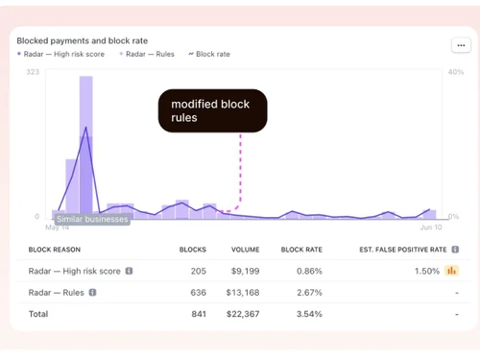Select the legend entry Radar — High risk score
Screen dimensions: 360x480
[61, 55]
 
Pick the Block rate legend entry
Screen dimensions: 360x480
[209, 55]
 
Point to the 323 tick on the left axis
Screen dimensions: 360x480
[33, 72]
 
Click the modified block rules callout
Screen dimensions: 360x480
[212, 111]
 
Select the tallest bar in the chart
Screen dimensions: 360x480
[85, 144]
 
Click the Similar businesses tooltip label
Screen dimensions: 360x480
[91, 219]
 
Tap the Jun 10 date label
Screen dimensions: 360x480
[431, 228]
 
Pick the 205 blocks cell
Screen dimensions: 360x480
[198, 271]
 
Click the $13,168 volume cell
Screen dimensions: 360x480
[245, 292]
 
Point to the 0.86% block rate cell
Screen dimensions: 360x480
[307, 271]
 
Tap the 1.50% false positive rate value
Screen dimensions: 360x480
[427, 271]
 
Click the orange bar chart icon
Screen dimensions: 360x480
[452, 271]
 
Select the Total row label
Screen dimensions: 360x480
[38, 313]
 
